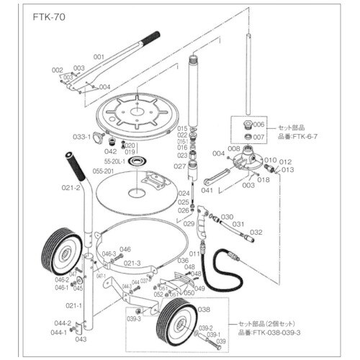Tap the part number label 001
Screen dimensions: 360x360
[99, 55]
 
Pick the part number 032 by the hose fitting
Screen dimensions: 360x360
[256, 232]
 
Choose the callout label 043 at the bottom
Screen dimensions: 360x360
[81, 339]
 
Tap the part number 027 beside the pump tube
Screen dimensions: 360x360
[181, 166]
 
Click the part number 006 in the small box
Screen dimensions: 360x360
[260, 124]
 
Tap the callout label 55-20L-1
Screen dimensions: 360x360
[115, 162]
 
